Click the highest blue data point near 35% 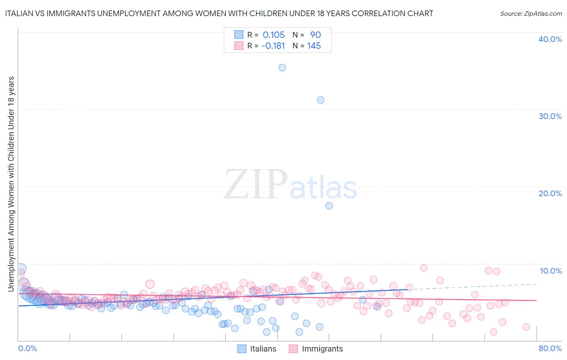point(282,67)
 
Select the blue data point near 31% point(321,100)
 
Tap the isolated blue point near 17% point(329,206)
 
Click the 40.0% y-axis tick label point(550,39)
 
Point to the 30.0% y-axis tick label point(550,116)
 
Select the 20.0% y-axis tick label point(550,193)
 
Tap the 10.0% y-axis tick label point(551,271)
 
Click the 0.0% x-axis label point(27,348)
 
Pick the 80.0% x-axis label point(550,348)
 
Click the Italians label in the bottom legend point(263,349)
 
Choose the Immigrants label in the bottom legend point(322,349)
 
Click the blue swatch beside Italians point(242,349)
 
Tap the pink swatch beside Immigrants point(293,349)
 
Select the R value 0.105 point(273,35)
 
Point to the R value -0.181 point(273,46)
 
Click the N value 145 point(314,46)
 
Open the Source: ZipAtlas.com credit point(531,13)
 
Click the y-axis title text point(11,184)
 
